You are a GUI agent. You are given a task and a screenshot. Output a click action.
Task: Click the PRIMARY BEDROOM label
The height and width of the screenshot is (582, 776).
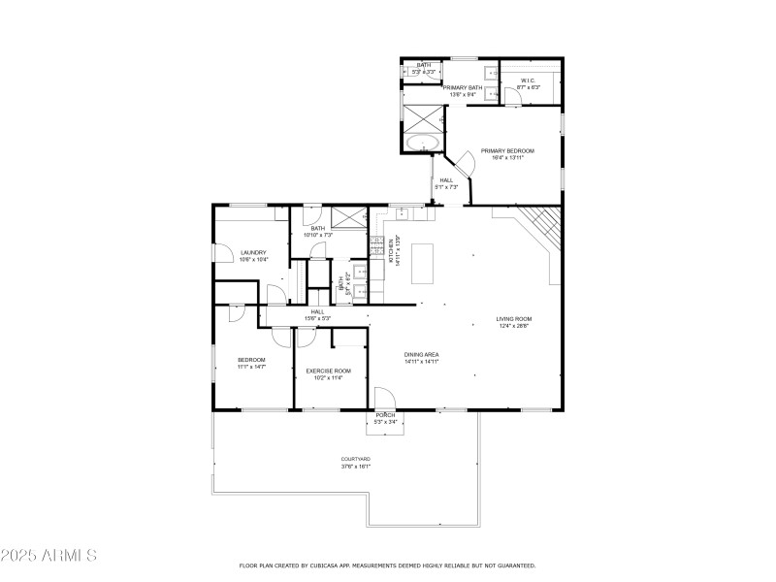pyautogui.click(x=507, y=151)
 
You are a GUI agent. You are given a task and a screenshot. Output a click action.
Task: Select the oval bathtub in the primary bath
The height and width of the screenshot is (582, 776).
pyautogui.click(x=423, y=144)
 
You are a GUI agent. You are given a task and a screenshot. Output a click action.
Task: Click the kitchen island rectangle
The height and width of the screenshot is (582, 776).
pyautogui.click(x=423, y=263)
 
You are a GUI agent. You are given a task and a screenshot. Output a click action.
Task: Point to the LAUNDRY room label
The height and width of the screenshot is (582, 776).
pyautogui.click(x=253, y=252)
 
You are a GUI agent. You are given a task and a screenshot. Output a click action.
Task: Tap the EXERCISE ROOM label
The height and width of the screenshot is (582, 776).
pyautogui.click(x=328, y=371)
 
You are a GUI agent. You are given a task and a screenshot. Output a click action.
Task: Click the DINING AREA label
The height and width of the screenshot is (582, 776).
pyautogui.click(x=422, y=354)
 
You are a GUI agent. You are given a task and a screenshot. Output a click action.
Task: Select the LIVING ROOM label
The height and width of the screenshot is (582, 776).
pyautogui.click(x=514, y=319)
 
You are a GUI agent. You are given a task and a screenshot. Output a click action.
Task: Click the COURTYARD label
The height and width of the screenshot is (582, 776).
pyautogui.click(x=355, y=459)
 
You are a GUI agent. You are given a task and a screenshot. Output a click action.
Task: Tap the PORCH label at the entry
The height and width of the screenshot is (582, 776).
pyautogui.click(x=386, y=415)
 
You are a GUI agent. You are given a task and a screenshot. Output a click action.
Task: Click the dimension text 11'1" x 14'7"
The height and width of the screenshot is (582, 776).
pyautogui.click(x=251, y=367)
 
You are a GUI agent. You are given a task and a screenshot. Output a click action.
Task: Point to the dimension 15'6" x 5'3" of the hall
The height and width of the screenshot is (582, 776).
pyautogui.click(x=318, y=318)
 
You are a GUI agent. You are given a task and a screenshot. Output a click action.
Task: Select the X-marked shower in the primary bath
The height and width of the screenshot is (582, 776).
pyautogui.click(x=423, y=113)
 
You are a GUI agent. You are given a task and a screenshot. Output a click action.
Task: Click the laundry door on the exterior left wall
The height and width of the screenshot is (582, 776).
pyautogui.click(x=215, y=252)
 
